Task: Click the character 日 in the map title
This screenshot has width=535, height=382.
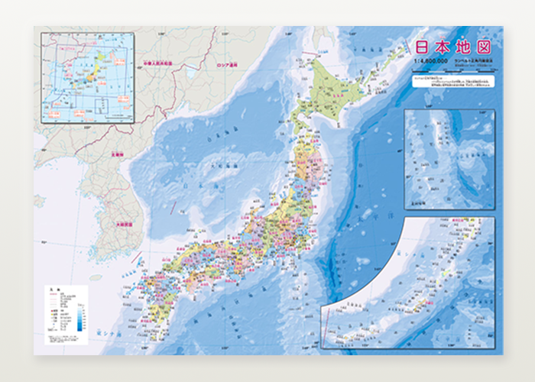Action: click(422, 45)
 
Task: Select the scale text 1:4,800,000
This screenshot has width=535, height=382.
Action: click(430, 60)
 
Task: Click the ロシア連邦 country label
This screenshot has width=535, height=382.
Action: click(227, 66)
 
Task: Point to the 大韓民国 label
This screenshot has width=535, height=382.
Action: click(124, 225)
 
